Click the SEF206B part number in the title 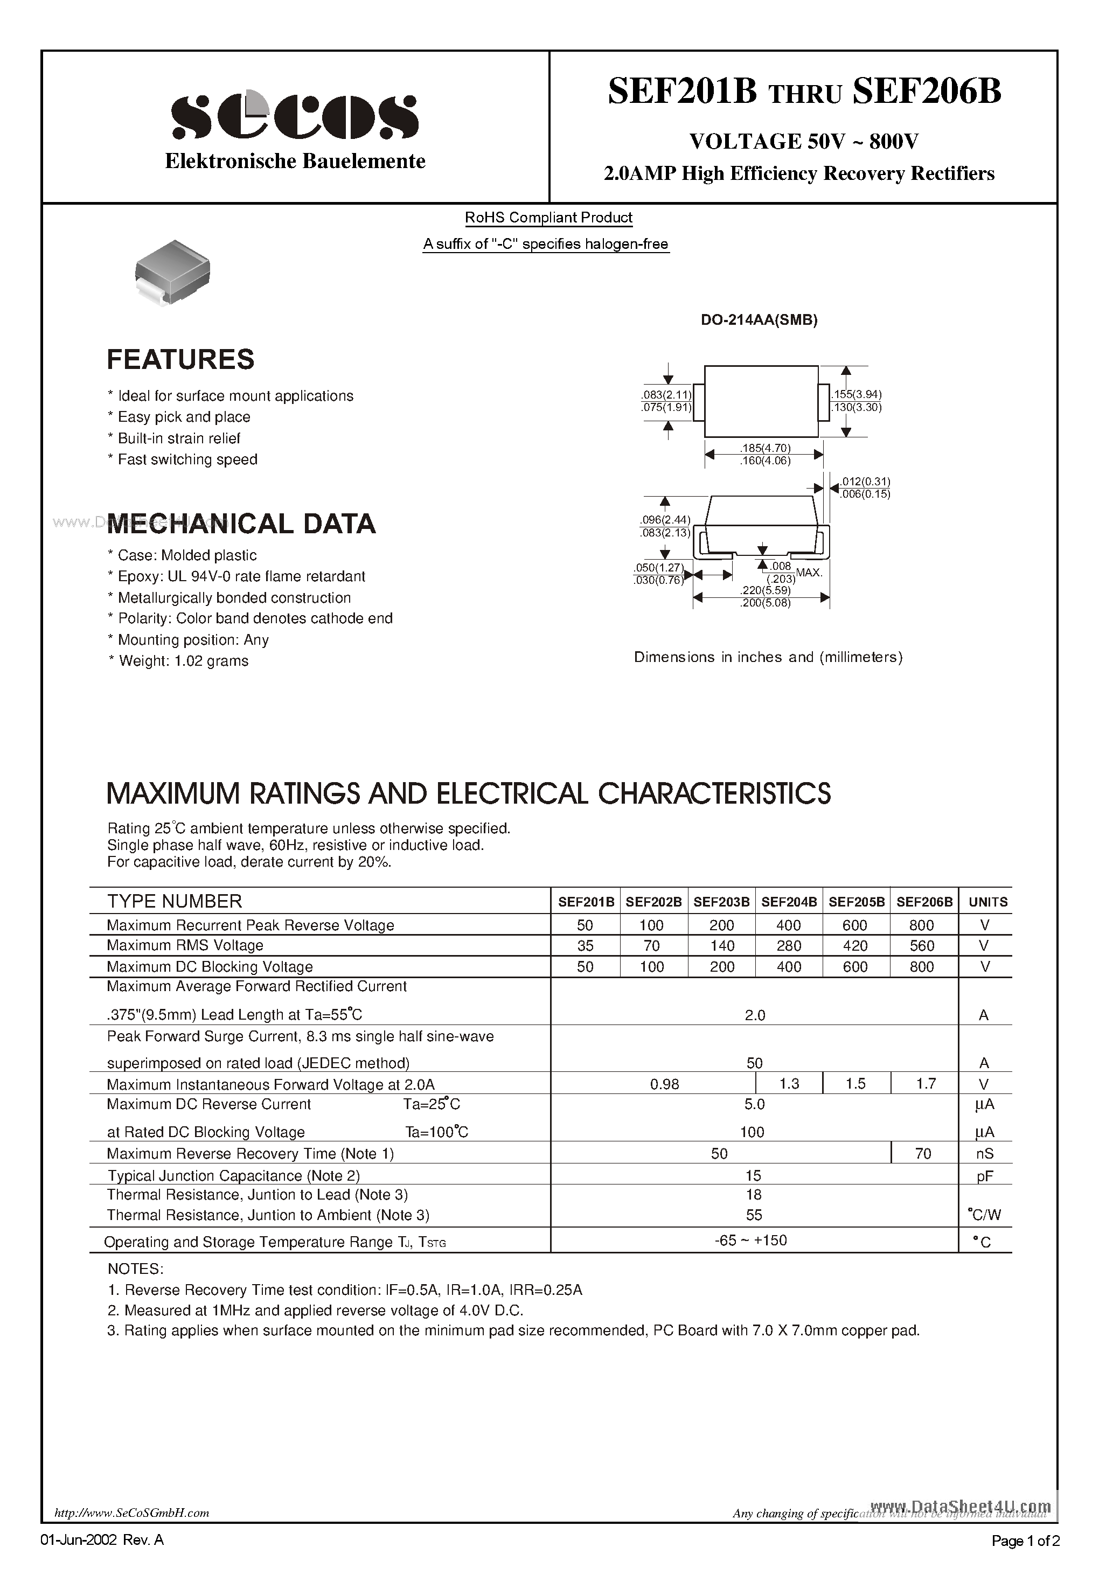click(927, 91)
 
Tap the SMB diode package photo click(172, 271)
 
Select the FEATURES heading click(180, 359)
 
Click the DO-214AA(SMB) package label click(759, 319)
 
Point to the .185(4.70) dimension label click(765, 449)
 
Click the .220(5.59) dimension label click(765, 590)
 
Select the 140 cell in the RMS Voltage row click(721, 946)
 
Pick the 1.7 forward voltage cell click(926, 1084)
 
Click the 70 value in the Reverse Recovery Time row click(923, 1154)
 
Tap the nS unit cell click(985, 1154)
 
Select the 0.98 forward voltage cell click(664, 1084)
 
